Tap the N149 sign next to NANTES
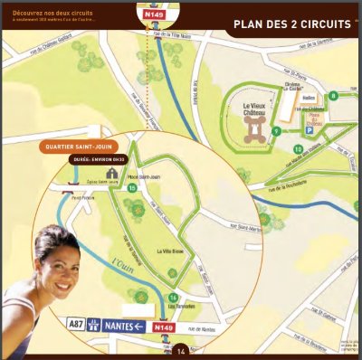click(163, 327)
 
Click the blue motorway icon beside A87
click(93, 325)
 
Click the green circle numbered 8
click(333, 95)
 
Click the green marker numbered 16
click(132, 187)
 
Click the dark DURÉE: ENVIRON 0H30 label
click(98, 159)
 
